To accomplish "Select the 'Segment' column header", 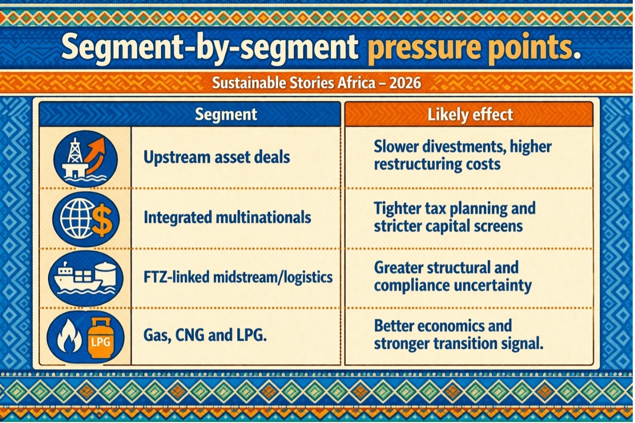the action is coord(226,114).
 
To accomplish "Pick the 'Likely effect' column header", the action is coord(470,115).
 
